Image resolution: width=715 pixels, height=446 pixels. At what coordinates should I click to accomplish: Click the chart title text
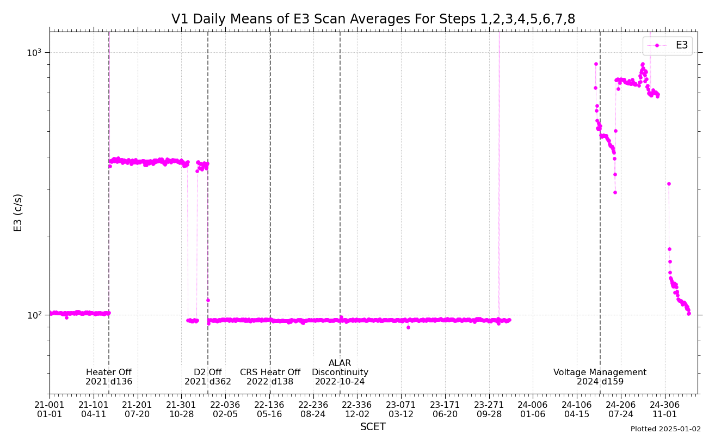tap(373, 20)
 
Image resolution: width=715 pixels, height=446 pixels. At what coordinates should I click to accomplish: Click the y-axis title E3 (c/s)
tap(19, 212)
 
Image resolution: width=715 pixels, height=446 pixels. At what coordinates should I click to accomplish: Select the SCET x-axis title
tap(373, 427)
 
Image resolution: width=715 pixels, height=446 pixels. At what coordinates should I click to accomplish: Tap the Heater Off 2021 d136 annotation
tap(109, 377)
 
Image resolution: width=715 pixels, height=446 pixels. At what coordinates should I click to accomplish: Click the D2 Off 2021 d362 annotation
tap(208, 377)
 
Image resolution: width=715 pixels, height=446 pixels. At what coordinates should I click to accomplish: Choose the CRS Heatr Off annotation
tap(270, 377)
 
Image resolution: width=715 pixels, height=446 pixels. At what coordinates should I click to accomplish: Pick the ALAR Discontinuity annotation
tap(340, 372)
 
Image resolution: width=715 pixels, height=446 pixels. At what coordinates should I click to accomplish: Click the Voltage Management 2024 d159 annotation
tap(600, 377)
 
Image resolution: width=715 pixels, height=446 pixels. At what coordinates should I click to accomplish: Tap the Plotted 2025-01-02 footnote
tap(665, 429)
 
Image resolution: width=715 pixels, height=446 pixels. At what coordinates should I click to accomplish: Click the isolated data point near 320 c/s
tap(669, 184)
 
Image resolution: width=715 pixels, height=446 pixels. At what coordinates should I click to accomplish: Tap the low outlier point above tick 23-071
tap(408, 327)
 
